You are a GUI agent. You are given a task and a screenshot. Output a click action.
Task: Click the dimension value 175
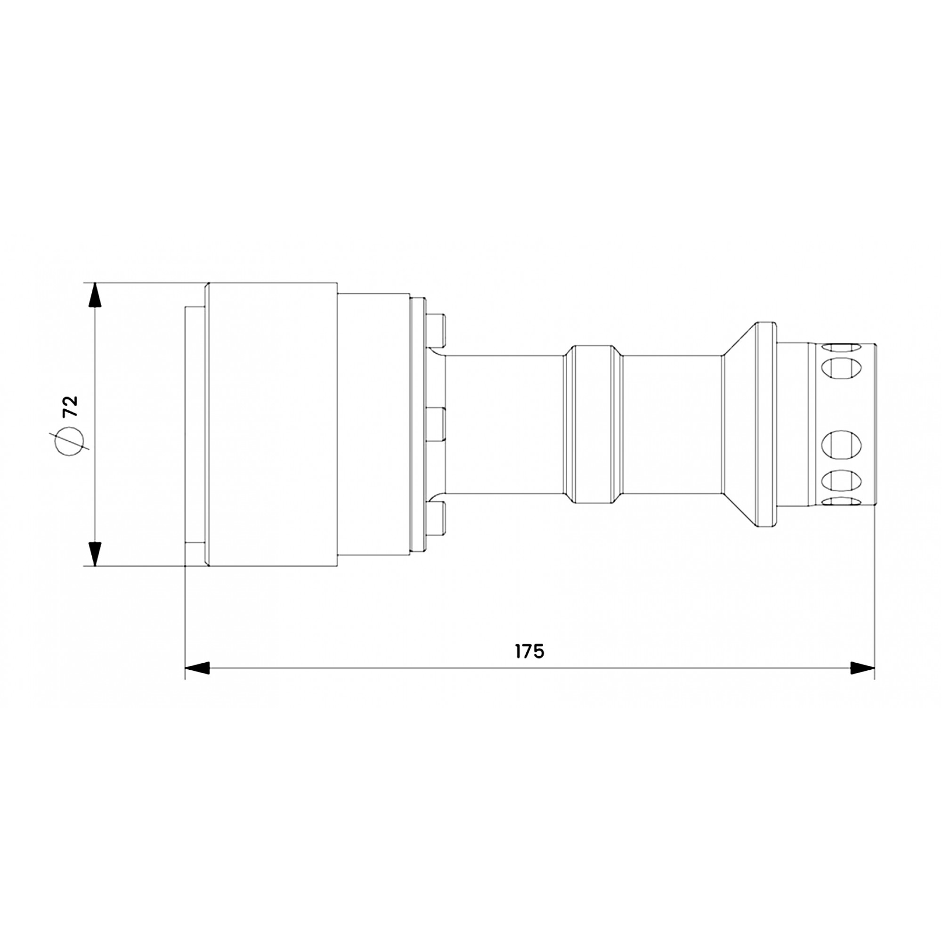pos(529,651)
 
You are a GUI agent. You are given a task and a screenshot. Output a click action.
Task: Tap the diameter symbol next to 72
pos(68,441)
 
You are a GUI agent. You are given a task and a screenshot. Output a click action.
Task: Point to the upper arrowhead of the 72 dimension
pos(95,295)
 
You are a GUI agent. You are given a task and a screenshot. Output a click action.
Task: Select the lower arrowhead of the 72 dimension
pos(95,553)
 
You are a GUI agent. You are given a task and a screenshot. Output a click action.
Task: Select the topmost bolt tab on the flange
pos(435,329)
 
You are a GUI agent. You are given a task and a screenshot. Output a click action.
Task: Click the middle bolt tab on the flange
pos(435,424)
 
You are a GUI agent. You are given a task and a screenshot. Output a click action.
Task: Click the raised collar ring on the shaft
pos(592,424)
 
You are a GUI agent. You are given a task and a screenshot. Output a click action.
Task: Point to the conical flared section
pos(739,424)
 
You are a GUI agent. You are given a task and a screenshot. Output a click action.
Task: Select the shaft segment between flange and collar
pos(504,424)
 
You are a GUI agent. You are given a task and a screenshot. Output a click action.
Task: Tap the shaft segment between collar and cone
pos(672,424)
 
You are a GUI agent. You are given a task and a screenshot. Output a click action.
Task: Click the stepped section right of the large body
pos(373,424)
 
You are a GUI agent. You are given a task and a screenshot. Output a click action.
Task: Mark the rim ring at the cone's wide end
pos(765,424)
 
